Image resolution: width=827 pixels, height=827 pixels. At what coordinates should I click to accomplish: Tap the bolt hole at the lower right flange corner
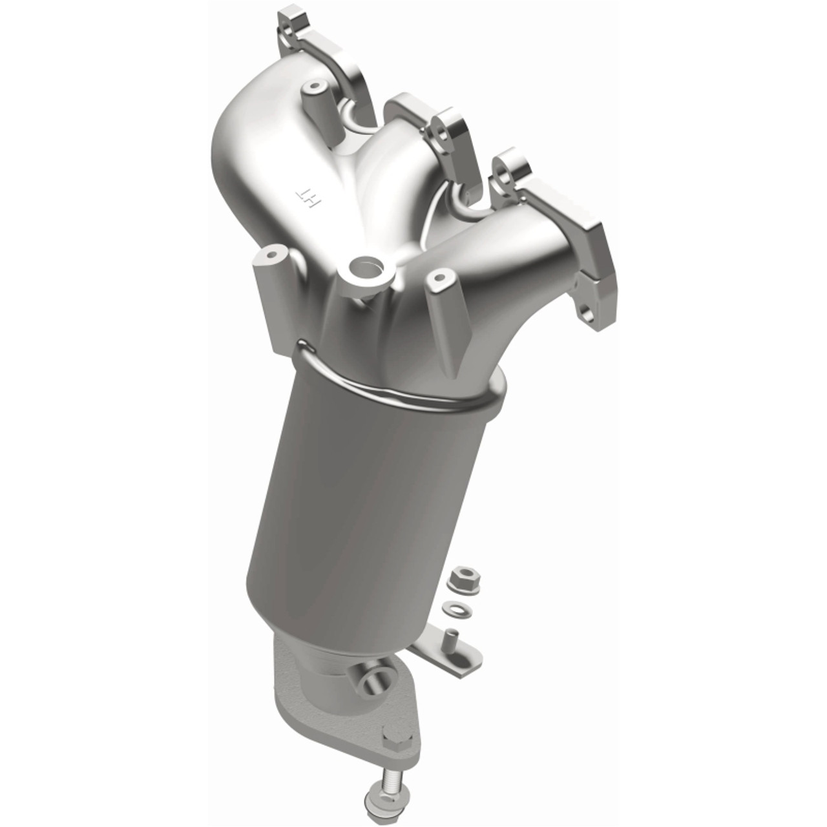[x=587, y=315]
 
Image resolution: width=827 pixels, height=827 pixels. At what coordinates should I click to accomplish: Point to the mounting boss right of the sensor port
[x=439, y=279]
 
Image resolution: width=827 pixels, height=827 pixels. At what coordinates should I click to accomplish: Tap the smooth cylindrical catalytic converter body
[x=362, y=491]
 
